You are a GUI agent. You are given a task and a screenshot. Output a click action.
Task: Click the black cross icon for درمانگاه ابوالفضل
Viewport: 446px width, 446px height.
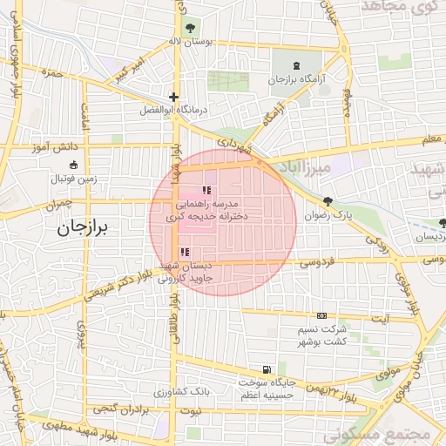click(x=174, y=98)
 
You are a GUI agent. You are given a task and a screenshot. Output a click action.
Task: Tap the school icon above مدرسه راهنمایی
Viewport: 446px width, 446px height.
click(x=206, y=190)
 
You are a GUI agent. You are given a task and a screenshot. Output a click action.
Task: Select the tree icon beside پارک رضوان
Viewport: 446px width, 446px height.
click(x=327, y=200)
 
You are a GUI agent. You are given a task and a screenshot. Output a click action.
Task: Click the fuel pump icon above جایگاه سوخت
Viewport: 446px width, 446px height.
click(x=265, y=368)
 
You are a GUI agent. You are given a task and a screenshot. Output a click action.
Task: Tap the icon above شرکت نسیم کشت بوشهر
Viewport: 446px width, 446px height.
click(x=323, y=315)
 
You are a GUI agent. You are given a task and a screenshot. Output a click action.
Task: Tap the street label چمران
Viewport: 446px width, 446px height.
click(x=53, y=204)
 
